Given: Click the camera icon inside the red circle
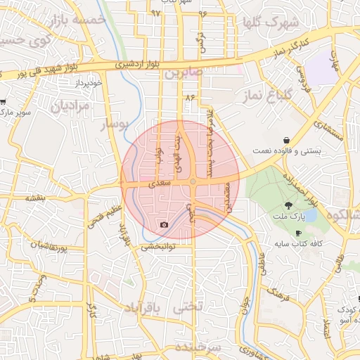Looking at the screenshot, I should tap(165, 225).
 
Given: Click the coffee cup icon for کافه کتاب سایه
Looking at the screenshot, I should tap(298, 233).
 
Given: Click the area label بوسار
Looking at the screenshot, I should tap(117, 124).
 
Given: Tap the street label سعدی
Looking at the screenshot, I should tap(160, 183).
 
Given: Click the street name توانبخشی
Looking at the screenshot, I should tap(159, 247).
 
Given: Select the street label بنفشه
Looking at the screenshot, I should tap(35, 198).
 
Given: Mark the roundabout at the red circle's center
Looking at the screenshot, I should tap(192, 182).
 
